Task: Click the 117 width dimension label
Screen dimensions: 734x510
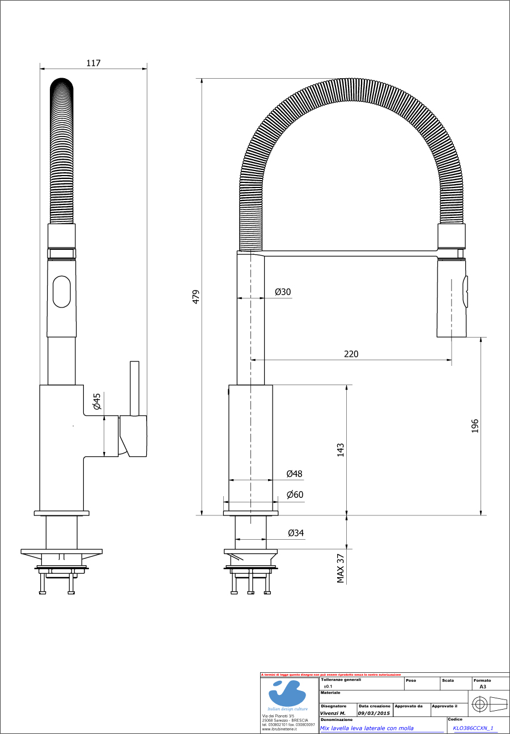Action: click(x=93, y=63)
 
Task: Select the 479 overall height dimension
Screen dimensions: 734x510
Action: click(x=196, y=297)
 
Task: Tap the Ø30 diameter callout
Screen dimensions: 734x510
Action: click(x=283, y=292)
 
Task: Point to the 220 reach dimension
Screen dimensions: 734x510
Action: click(x=351, y=354)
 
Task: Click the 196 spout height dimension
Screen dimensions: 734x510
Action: click(x=475, y=426)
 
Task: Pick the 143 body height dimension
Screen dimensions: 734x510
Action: click(x=341, y=450)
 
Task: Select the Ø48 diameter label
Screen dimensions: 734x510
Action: click(x=294, y=473)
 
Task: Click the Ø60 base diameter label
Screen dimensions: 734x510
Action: click(x=295, y=494)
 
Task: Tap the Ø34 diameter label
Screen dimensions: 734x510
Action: click(x=296, y=533)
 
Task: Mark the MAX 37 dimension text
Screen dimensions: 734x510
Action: click(x=341, y=567)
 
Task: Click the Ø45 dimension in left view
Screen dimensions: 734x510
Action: click(x=97, y=402)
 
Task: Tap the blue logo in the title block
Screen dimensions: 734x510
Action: click(x=288, y=692)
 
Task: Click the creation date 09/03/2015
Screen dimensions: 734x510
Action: click(x=374, y=713)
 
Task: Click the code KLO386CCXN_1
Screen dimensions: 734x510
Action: click(x=473, y=728)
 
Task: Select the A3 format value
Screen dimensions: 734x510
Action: click(x=482, y=686)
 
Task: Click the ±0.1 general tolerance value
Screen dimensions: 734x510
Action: click(x=328, y=686)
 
